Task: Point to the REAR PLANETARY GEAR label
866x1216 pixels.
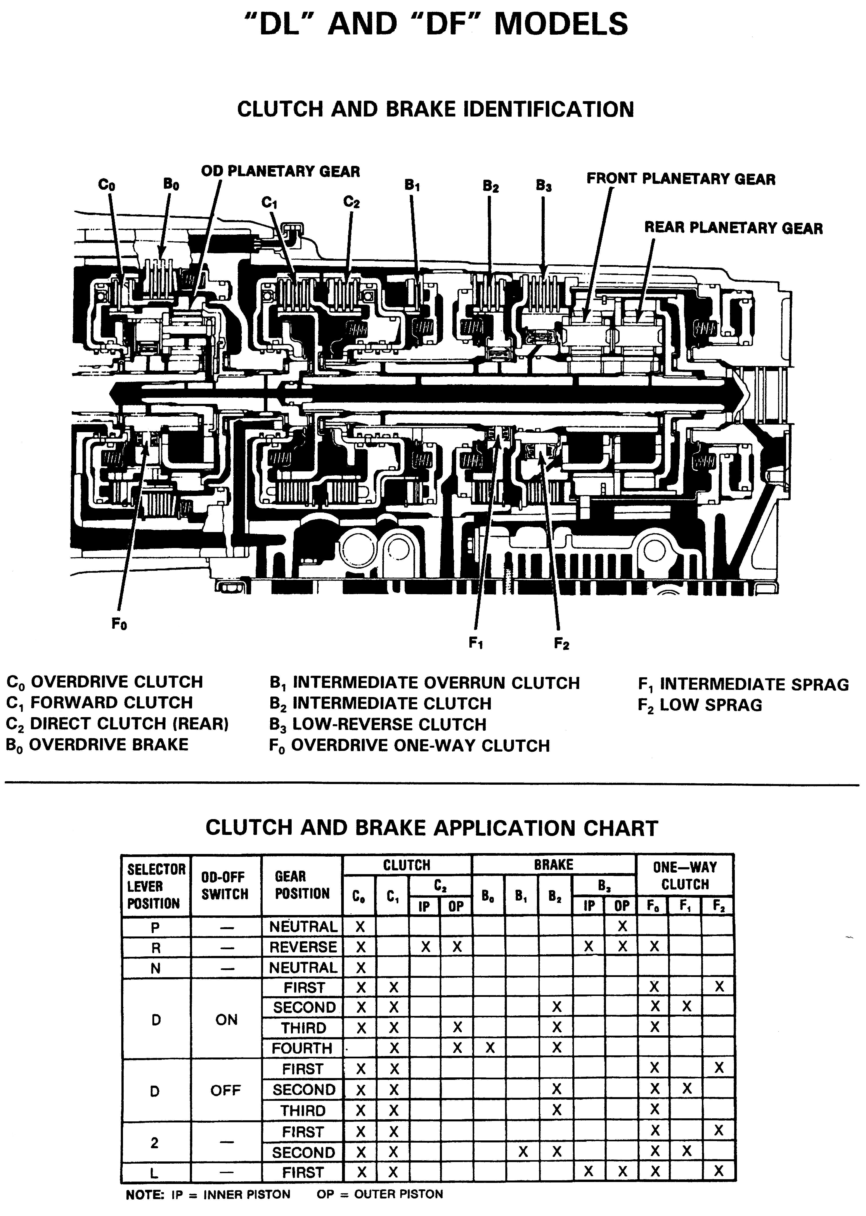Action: coord(733,228)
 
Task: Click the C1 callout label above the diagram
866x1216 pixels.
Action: coord(269,203)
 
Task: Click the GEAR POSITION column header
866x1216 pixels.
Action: coord(302,885)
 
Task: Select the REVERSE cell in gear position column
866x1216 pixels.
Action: coord(303,947)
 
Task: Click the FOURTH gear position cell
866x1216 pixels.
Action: coord(302,1049)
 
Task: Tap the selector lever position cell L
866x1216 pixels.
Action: coord(155,1172)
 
